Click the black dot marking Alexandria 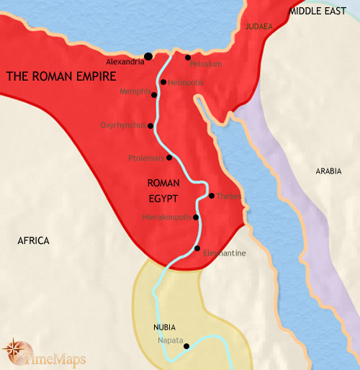pos(148,56)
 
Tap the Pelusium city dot pos(188,58)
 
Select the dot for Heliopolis pos(163,82)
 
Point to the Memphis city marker pos(156,91)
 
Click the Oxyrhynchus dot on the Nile pos(150,126)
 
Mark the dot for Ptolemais pos(169,158)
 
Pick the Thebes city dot pos(211,196)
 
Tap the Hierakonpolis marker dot pos(196,217)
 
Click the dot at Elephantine pos(197,248)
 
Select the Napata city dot pos(186,346)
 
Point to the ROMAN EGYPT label pos(162,189)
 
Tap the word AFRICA pos(33,240)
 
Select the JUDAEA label pos(259,26)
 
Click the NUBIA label pos(165,327)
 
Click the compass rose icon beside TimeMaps pos(14,351)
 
